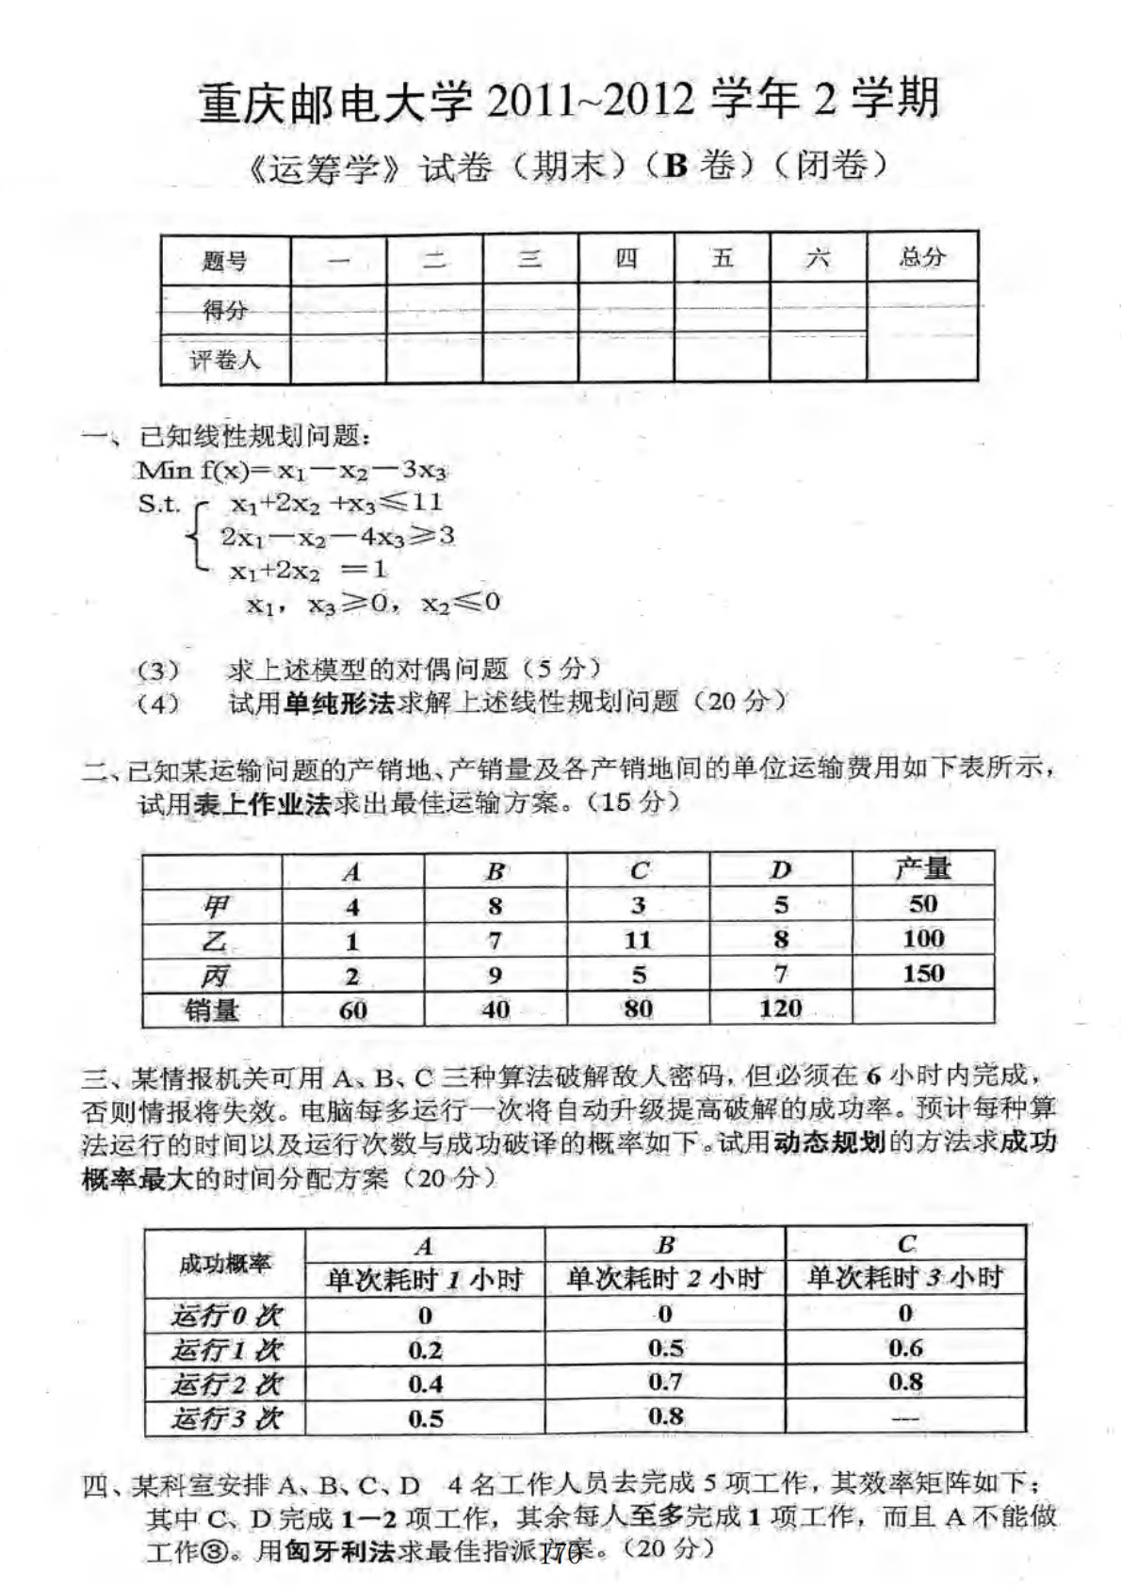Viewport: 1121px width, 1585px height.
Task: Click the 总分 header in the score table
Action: point(921,256)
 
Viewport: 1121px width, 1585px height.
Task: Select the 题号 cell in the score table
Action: point(225,261)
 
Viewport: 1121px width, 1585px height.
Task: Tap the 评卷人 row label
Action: point(225,360)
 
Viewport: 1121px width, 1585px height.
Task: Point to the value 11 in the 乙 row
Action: point(638,940)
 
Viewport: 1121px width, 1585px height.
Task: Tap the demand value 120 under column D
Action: point(780,1009)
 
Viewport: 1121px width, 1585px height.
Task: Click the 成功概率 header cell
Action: point(225,1263)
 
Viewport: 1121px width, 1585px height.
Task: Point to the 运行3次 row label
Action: point(225,1418)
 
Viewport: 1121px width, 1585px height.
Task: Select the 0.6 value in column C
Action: point(904,1349)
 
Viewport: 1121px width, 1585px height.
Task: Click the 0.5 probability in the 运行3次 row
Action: point(425,1418)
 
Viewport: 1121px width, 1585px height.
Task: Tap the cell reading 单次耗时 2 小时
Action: point(664,1278)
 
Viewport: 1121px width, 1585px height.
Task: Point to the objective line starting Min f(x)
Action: point(291,469)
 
